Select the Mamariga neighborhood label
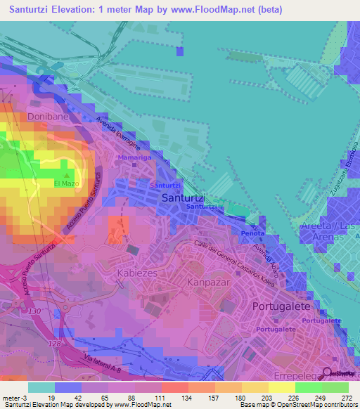tap(132, 160)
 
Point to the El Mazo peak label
tap(64, 184)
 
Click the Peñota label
tap(252, 233)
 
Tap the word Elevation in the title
tap(78, 9)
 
